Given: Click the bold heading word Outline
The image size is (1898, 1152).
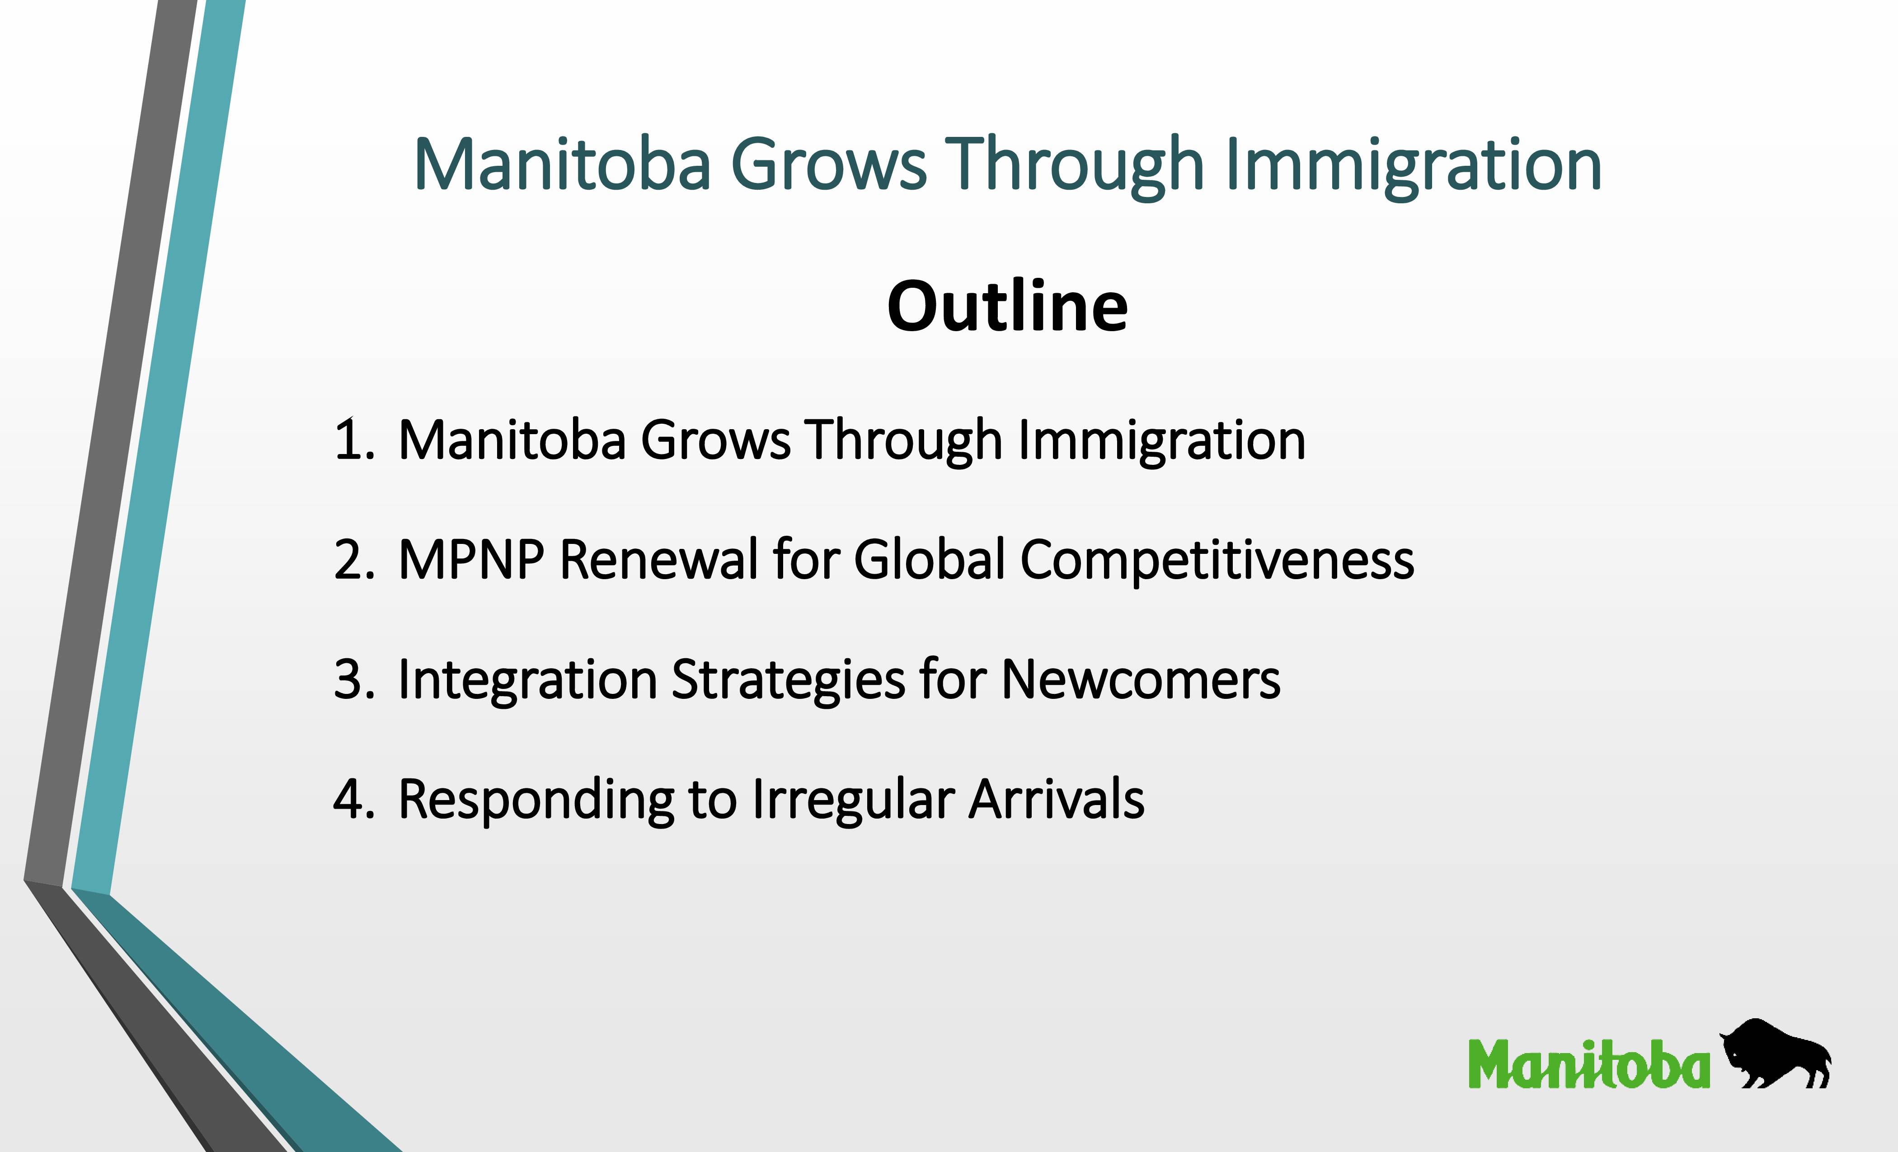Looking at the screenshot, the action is click(1008, 306).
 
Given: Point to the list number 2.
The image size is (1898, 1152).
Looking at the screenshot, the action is click(354, 559).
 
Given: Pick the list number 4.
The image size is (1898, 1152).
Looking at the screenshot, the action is click(354, 799).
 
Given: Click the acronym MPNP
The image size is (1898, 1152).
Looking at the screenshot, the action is click(470, 559).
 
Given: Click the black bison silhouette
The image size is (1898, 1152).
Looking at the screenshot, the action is click(1775, 1054).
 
